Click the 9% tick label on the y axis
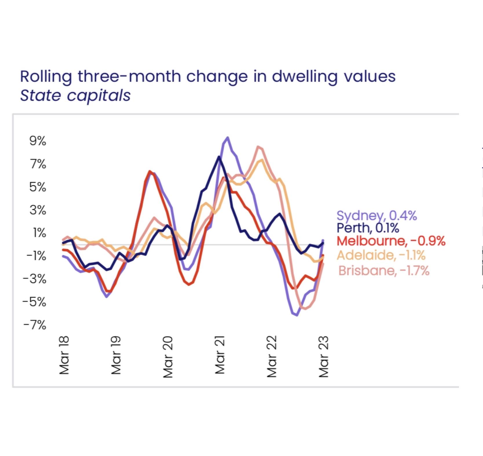[38, 141]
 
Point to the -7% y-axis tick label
[35, 325]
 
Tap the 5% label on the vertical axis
[38, 187]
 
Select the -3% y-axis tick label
[35, 279]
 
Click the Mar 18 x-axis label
[64, 355]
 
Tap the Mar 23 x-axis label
[324, 356]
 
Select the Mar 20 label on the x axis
[168, 357]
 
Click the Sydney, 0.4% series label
[376, 216]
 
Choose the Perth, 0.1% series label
[368, 228]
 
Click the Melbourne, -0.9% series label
[391, 241]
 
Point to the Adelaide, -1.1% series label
[381, 255]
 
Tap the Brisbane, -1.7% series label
[384, 271]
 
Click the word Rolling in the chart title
[46, 77]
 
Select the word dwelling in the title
[305, 77]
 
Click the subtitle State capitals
[75, 95]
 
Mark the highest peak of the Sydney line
[228, 138]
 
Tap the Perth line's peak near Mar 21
[219, 157]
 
